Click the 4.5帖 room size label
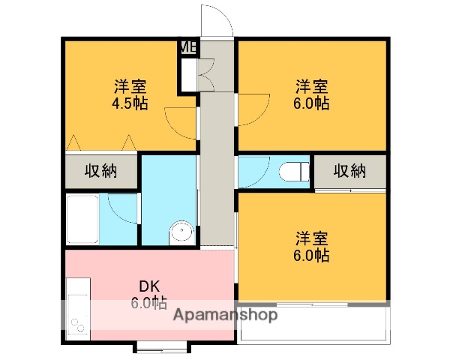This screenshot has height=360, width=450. click(130, 103)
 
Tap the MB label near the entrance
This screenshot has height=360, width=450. click(188, 48)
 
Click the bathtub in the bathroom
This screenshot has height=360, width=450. click(82, 220)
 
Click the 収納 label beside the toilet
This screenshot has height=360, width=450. click(349, 171)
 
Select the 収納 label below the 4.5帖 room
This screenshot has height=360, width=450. click(100, 171)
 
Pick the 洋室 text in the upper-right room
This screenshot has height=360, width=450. click(311, 86)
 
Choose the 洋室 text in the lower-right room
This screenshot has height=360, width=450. click(311, 238)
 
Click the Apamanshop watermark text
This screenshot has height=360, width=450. click(225, 315)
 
